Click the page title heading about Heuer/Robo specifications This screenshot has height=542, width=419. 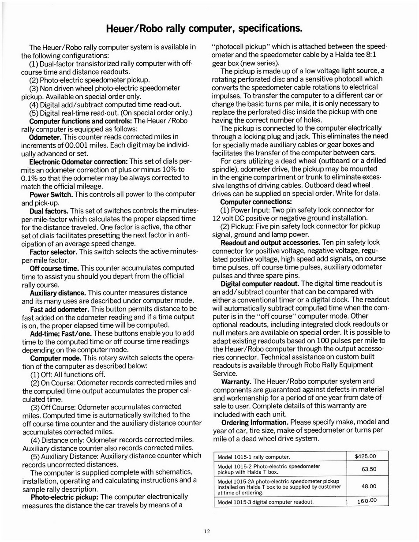(204, 29)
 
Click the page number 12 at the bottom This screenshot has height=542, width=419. (207, 531)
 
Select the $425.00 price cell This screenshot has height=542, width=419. (365, 456)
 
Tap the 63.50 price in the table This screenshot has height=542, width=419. (369, 469)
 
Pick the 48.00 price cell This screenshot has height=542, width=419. (369, 486)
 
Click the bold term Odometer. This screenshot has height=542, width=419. (45, 137)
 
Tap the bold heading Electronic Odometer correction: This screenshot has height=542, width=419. (79, 161)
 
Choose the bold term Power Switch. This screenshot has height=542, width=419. (51, 194)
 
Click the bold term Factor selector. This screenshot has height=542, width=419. (53, 252)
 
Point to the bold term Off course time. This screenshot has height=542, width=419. (54, 268)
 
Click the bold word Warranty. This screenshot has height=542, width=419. (236, 381)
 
